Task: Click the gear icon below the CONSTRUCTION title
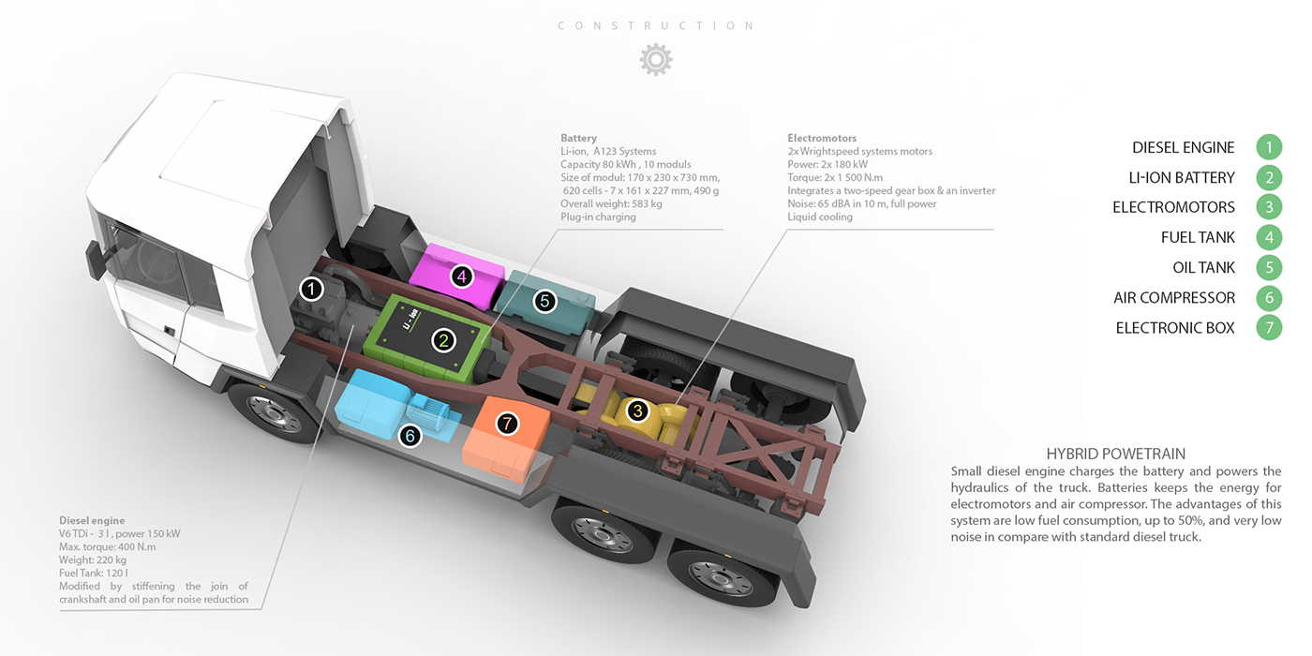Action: point(656,60)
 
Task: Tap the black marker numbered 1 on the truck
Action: point(312,290)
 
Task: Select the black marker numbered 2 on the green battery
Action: point(444,341)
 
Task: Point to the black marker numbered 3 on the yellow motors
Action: point(637,410)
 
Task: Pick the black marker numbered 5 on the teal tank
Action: point(544,301)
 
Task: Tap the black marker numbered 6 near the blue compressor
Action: point(410,436)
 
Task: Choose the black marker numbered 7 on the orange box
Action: point(507,424)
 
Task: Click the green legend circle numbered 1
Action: point(1269,147)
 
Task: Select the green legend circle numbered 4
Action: point(1269,237)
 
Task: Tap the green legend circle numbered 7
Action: point(1269,328)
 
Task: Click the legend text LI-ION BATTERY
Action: point(1182,178)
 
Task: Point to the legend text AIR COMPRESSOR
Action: point(1174,298)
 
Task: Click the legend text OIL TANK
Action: point(1203,268)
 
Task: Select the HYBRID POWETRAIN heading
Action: point(1115,454)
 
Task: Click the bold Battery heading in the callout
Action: point(578,139)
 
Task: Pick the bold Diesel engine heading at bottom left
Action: point(92,520)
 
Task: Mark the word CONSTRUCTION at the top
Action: point(656,26)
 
